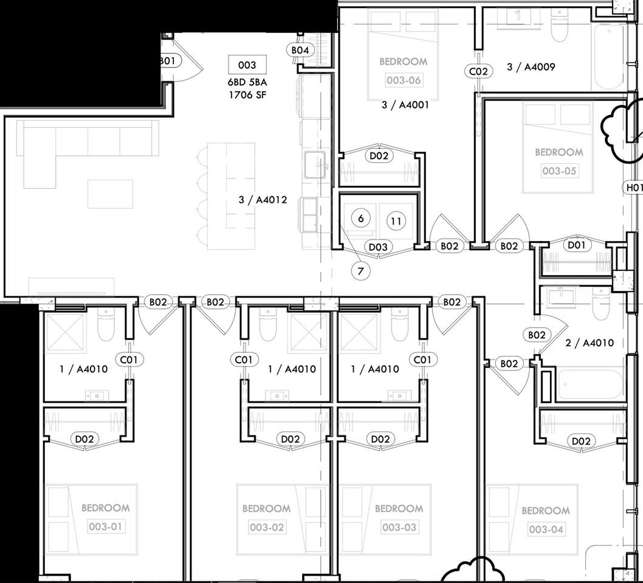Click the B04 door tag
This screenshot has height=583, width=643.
pyautogui.click(x=301, y=50)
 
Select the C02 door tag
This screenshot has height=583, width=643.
pyautogui.click(x=478, y=71)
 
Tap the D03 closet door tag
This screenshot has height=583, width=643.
pyautogui.click(x=379, y=247)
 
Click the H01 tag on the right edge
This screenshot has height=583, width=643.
pyautogui.click(x=634, y=188)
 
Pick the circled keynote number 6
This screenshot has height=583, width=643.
pyautogui.click(x=361, y=218)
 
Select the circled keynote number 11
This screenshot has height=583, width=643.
pyautogui.click(x=396, y=222)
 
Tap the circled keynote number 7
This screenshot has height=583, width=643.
pyautogui.click(x=360, y=271)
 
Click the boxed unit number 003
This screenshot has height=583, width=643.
pyautogui.click(x=247, y=65)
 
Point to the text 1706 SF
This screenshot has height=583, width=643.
pyautogui.click(x=247, y=95)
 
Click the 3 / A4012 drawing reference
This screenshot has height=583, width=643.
pyautogui.click(x=263, y=200)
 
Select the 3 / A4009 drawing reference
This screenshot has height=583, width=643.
pyautogui.click(x=531, y=67)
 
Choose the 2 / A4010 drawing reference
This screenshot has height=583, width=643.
pyautogui.click(x=589, y=343)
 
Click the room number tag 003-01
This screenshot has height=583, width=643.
pyautogui.click(x=106, y=527)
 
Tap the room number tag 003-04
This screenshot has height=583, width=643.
pyautogui.click(x=545, y=530)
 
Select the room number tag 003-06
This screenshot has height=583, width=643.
pyautogui.click(x=403, y=80)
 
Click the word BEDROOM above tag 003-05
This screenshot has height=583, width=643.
pyautogui.click(x=559, y=152)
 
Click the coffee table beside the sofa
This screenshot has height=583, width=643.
pyautogui.click(x=110, y=194)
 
